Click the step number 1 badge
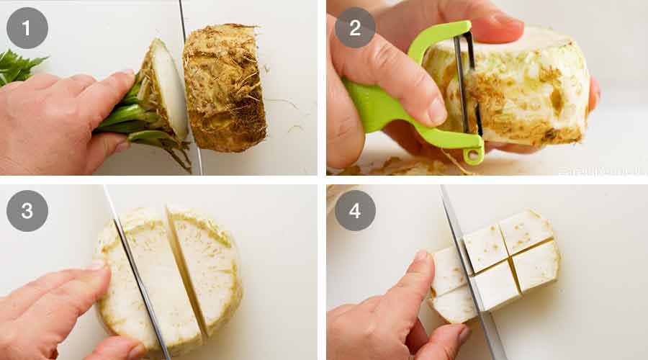click(x=27, y=28)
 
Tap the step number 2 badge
click(x=355, y=28)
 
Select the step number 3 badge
click(x=27, y=211)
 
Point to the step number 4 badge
click(x=355, y=211)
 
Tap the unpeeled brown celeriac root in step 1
click(x=225, y=86)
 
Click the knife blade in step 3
click(x=140, y=288)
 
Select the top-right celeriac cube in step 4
click(x=526, y=230)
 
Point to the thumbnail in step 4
click(x=421, y=256)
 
